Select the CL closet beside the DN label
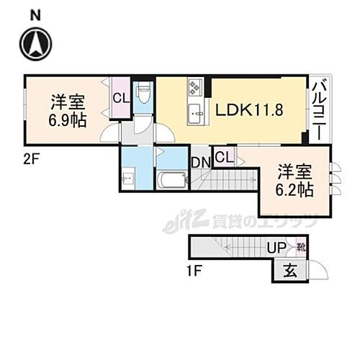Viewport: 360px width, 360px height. point(223,158)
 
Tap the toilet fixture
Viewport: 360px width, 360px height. point(143,94)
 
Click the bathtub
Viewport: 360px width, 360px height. point(171,179)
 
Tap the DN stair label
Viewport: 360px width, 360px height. point(200,162)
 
